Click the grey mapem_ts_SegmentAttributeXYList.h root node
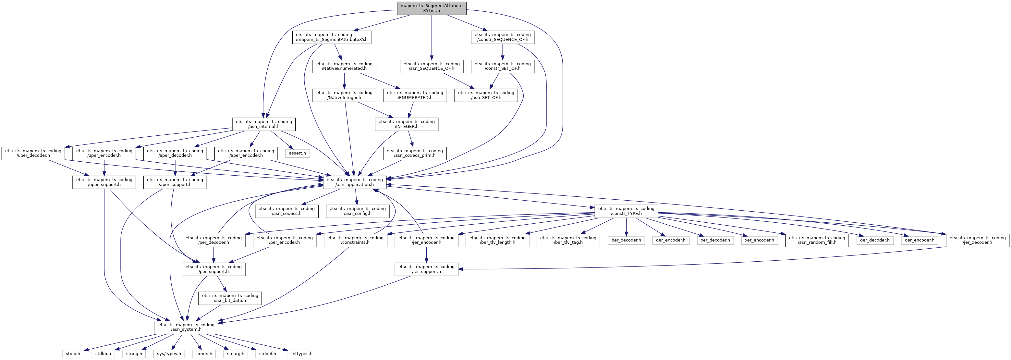pyautogui.click(x=431, y=8)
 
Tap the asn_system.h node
pyautogui.click(x=187, y=327)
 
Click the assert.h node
pyautogui.click(x=297, y=153)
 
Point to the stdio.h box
pyautogui.click(x=73, y=354)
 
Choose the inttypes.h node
pyautogui.click(x=302, y=354)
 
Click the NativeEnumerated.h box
pyautogui.click(x=344, y=66)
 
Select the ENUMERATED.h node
pyautogui.click(x=415, y=95)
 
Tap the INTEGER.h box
pyautogui.click(x=406, y=124)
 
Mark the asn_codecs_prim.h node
pyautogui.click(x=415, y=153)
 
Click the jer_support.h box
pyautogui.click(x=426, y=269)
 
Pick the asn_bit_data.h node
pyautogui.click(x=230, y=298)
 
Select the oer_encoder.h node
pyautogui.click(x=920, y=240)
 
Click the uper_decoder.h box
pyautogui.click(x=33, y=153)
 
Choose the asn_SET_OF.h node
pyautogui.click(x=486, y=95)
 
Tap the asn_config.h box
pyautogui.click(x=358, y=211)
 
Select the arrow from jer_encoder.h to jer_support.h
pyautogui.click(x=426, y=255)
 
